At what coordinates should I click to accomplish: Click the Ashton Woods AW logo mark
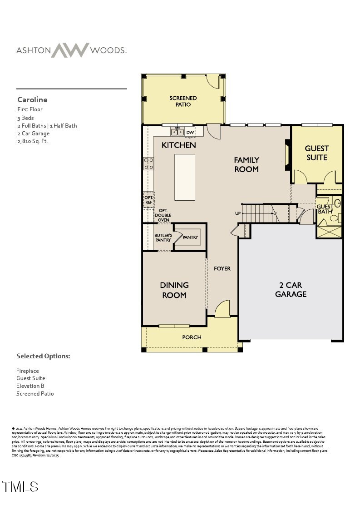(x=69, y=50)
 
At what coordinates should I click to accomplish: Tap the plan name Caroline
(x=32, y=99)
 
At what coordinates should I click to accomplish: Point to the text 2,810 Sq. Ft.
(x=32, y=141)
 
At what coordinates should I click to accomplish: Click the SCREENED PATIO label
(x=183, y=101)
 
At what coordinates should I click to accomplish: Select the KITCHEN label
(x=179, y=145)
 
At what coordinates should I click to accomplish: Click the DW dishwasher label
(x=190, y=133)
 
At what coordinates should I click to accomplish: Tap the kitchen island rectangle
(x=185, y=177)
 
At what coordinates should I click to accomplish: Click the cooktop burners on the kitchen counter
(x=148, y=163)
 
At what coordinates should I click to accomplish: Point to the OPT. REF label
(x=148, y=200)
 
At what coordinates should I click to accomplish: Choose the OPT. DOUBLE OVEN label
(x=163, y=215)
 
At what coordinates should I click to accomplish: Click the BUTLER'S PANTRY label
(x=163, y=238)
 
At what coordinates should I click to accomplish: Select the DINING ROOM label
(x=174, y=290)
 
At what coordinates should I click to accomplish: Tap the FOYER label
(x=222, y=268)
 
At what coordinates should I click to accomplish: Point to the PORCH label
(x=192, y=337)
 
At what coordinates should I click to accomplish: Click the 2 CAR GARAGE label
(x=291, y=290)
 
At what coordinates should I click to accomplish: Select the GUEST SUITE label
(x=316, y=153)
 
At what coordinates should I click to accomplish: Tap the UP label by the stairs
(x=237, y=213)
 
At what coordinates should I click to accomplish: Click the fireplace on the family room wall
(x=287, y=155)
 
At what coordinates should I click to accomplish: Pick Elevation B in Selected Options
(x=30, y=386)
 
